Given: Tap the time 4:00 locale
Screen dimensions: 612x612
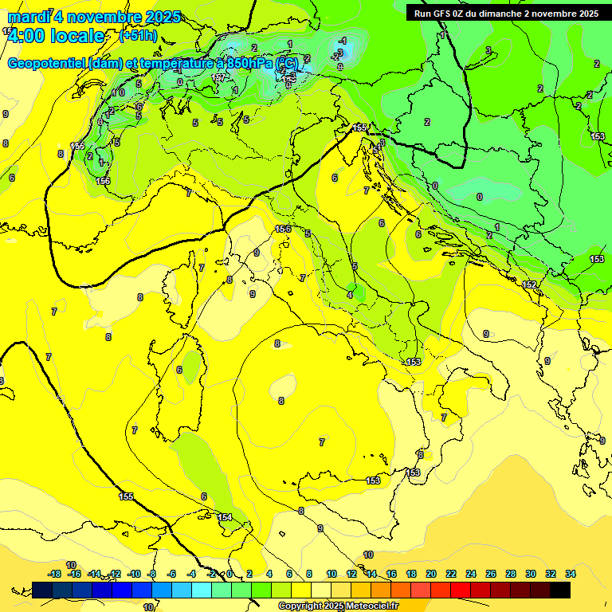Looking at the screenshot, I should click(56, 36).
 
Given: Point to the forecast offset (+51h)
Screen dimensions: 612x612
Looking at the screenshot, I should click(137, 36).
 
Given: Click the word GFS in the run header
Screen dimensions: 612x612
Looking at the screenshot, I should click(444, 13).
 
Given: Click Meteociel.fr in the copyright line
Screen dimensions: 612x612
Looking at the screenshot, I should click(370, 606).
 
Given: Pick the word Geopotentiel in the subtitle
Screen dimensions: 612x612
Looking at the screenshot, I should click(46, 63).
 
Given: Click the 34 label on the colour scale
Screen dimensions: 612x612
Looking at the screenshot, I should click(571, 574).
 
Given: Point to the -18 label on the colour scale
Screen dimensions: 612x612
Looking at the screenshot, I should click(55, 574).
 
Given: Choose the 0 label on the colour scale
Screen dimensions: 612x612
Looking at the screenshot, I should click(229, 574).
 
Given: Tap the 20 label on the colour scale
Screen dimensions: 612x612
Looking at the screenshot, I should click(431, 574).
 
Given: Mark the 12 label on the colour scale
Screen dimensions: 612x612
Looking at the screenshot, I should click(351, 574).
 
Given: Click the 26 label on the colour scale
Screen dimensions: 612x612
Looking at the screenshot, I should click(491, 574).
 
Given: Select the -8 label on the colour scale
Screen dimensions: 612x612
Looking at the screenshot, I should click(152, 574).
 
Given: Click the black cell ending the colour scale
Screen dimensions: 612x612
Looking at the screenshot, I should click(560, 590).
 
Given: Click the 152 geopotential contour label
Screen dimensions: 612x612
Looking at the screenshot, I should click(530, 284).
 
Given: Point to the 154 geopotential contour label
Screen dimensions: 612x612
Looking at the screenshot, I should click(225, 517).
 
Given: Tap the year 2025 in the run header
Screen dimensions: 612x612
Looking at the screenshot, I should click(588, 13).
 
